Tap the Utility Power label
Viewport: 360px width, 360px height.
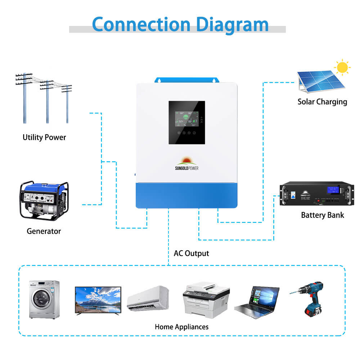(x=44, y=137)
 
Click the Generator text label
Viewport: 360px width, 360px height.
(x=44, y=231)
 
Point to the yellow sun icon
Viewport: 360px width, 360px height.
(x=342, y=67)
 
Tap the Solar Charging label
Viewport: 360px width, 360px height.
(x=322, y=102)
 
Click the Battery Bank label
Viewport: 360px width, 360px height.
(x=322, y=215)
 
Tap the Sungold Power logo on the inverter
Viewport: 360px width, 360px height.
(x=187, y=163)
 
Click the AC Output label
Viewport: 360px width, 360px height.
(x=191, y=253)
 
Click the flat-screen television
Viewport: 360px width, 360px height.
(x=98, y=300)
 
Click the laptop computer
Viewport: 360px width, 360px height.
(x=257, y=302)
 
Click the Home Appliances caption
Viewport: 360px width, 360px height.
(x=181, y=327)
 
